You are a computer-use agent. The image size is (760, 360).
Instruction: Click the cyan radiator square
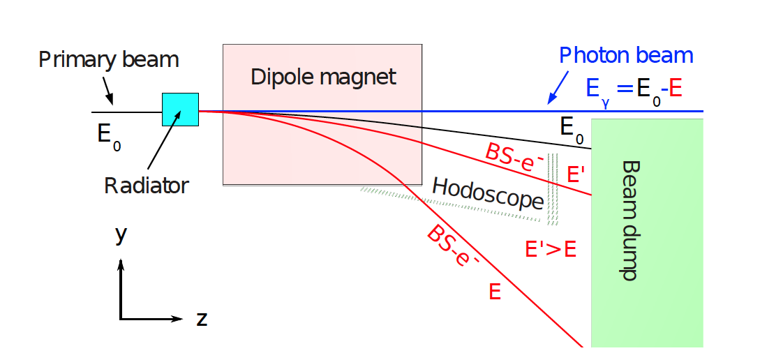tap(181, 110)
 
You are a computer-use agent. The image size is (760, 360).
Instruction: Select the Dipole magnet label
tap(323, 76)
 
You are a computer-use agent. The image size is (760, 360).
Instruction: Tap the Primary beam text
tap(108, 59)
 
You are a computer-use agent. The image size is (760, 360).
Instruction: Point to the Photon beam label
tap(627, 56)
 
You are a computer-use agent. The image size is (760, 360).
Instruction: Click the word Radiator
tap(146, 186)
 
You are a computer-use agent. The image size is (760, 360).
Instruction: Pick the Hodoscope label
tap(488, 193)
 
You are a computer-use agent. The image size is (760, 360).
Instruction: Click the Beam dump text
tap(629, 220)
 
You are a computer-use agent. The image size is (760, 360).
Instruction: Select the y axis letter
tap(121, 236)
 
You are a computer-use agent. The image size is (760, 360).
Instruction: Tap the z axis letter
tap(202, 319)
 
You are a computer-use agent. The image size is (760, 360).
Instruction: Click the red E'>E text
tap(550, 249)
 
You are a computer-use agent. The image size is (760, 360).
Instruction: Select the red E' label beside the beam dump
tap(576, 174)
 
